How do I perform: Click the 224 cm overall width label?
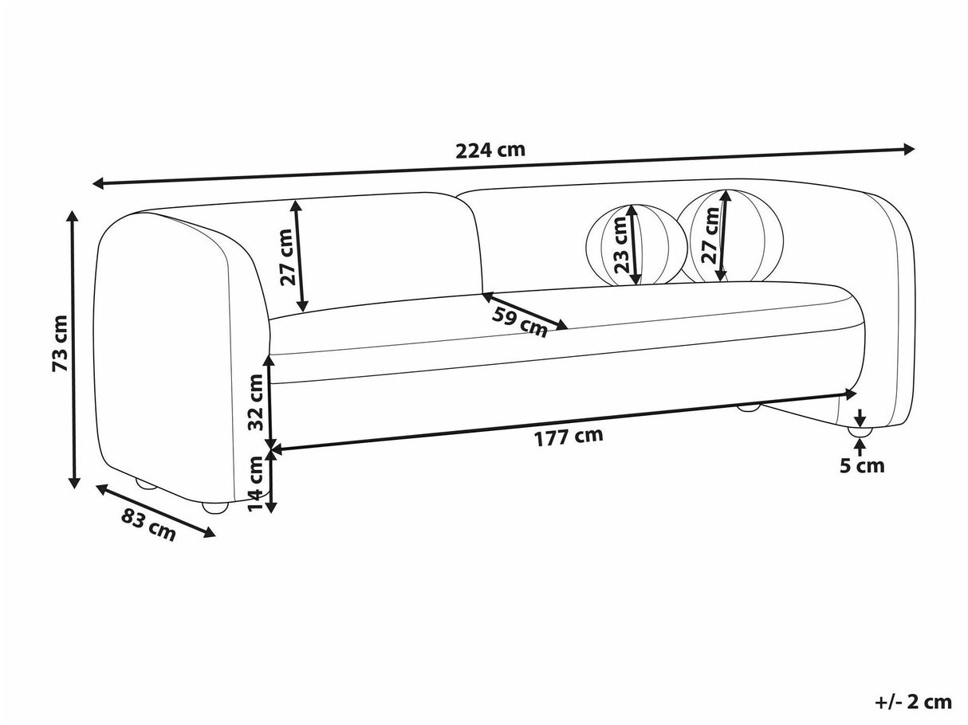coord(490,151)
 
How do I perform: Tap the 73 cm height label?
coord(60,343)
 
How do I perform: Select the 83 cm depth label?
coord(148,524)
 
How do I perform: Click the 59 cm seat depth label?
coord(520,323)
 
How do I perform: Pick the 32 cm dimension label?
coord(255,402)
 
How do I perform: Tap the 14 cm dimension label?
coord(255,483)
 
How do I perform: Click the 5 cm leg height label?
coord(862,466)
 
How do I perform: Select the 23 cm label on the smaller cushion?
coord(621,245)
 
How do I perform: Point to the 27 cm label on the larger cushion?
coord(710,236)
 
